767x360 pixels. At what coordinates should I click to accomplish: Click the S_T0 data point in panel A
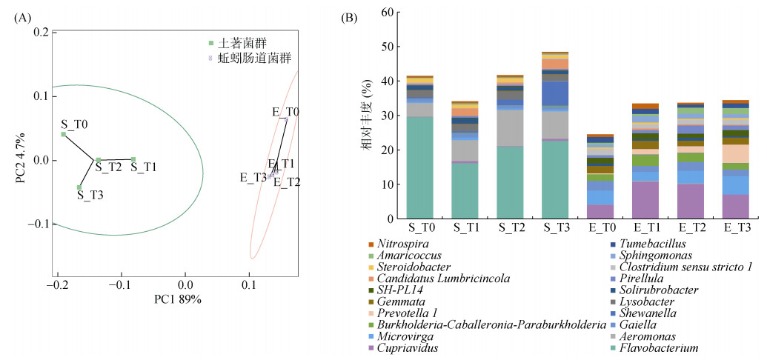[x=64, y=134]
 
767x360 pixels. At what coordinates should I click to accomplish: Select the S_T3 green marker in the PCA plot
[x=79, y=187]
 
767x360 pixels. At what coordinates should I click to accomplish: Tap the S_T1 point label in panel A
[x=144, y=168]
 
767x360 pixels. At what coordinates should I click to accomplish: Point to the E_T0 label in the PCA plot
[x=285, y=112]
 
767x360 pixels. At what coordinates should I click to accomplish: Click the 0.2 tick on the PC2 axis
[x=41, y=33]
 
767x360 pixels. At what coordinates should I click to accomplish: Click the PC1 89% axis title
[x=178, y=299]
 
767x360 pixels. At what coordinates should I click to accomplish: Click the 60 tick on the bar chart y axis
[x=388, y=13]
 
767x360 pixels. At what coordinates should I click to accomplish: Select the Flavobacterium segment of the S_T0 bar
[x=419, y=167]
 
